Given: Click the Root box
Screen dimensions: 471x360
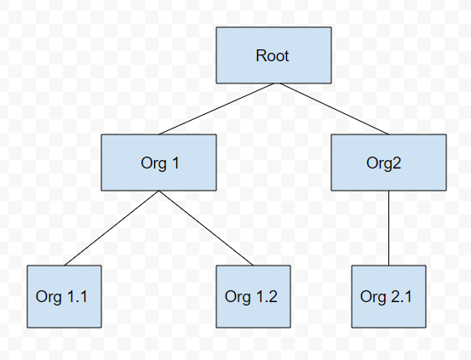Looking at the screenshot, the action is pyautogui.click(x=273, y=55).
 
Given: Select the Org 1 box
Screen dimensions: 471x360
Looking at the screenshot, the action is pyautogui.click(x=158, y=163).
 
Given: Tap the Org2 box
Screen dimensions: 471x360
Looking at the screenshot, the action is pyautogui.click(x=388, y=163).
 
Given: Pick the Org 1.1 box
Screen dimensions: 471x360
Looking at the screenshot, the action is pyautogui.click(x=64, y=296).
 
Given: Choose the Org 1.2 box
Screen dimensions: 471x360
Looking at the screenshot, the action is pyautogui.click(x=253, y=296).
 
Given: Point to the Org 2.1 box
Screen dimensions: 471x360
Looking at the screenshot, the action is pyautogui.click(x=388, y=296).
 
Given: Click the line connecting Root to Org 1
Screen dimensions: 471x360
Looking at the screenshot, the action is pyautogui.click(x=216, y=109).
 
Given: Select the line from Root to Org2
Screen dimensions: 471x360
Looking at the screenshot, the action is pyautogui.click(x=335, y=109).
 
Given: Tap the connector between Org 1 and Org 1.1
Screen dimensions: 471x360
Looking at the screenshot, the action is pyautogui.click(x=112, y=228).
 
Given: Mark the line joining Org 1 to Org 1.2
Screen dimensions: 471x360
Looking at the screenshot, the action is pyautogui.click(x=206, y=228).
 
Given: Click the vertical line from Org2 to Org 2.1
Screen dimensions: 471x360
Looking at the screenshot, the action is pyautogui.click(x=388, y=228).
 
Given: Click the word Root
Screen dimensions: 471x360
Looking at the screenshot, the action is pyautogui.click(x=273, y=56).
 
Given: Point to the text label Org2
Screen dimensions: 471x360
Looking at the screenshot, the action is pyautogui.click(x=383, y=163).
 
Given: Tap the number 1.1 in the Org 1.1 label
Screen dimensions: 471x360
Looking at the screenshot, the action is pyautogui.click(x=78, y=297).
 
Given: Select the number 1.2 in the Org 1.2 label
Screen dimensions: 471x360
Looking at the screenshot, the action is pyautogui.click(x=267, y=297).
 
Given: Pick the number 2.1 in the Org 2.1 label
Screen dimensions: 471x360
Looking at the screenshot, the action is pyautogui.click(x=402, y=297).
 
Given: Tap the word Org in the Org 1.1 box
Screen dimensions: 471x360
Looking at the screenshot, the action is pyautogui.click(x=49, y=298).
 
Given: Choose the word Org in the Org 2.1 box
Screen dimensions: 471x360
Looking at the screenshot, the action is pyautogui.click(x=373, y=298).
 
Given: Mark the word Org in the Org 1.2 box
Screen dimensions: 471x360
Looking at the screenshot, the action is pyautogui.click(x=238, y=298).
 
